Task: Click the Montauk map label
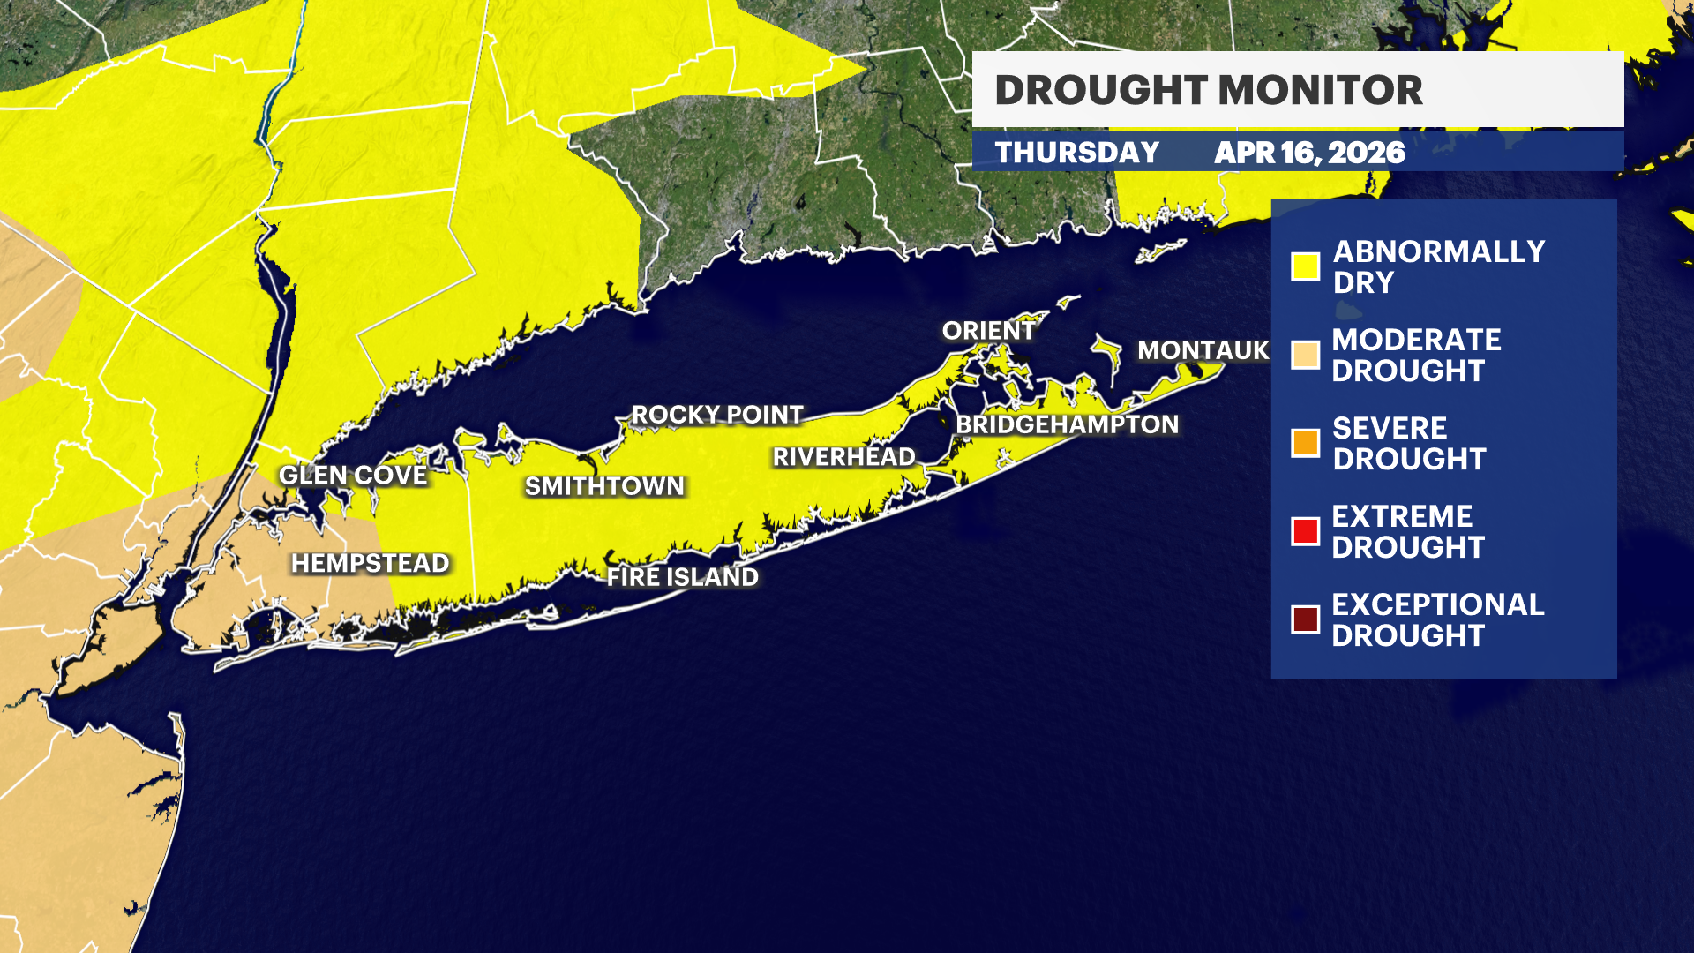coord(1203,350)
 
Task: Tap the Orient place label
coord(988,331)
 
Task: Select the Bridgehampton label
coord(1067,424)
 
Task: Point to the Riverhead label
coord(844,457)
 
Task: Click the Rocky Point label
coord(717,415)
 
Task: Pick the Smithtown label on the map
coord(604,486)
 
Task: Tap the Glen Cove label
coord(353,476)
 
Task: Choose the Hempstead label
coord(371,563)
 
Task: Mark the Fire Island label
coord(682,577)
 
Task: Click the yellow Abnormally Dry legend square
coord(1305,266)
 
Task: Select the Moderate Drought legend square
coord(1305,355)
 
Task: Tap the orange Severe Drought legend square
coord(1305,443)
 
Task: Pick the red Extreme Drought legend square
coord(1305,531)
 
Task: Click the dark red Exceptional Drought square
coord(1305,619)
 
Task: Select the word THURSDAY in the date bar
coord(1077,153)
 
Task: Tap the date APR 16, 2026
coord(1309,153)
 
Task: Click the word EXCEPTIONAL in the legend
coord(1438,604)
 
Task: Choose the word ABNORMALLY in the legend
coord(1439,251)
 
